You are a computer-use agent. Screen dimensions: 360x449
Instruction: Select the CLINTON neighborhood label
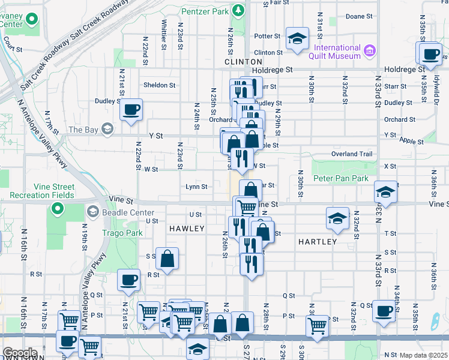click(243, 62)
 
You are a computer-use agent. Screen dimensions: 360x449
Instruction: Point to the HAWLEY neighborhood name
click(187, 229)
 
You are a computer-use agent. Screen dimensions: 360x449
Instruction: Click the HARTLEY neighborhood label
click(317, 241)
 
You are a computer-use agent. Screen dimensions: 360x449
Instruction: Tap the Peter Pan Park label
click(340, 178)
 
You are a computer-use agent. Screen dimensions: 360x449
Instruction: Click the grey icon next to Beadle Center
click(92, 211)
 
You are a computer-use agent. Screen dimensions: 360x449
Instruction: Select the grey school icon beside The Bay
click(107, 129)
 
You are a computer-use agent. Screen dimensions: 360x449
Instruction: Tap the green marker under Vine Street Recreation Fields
click(57, 209)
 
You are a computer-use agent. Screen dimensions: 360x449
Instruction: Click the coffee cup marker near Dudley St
click(131, 109)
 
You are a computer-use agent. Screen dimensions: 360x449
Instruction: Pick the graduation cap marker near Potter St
click(296, 39)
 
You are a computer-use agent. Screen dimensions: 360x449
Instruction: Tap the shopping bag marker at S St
click(168, 259)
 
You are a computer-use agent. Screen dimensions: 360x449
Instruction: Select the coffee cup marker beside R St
click(128, 280)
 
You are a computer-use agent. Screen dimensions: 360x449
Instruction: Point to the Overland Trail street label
click(352, 154)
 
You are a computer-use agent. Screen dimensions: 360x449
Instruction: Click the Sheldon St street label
click(159, 85)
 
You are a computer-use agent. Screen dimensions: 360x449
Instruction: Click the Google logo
click(19, 353)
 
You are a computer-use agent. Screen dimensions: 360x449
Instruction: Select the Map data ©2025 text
click(423, 355)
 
